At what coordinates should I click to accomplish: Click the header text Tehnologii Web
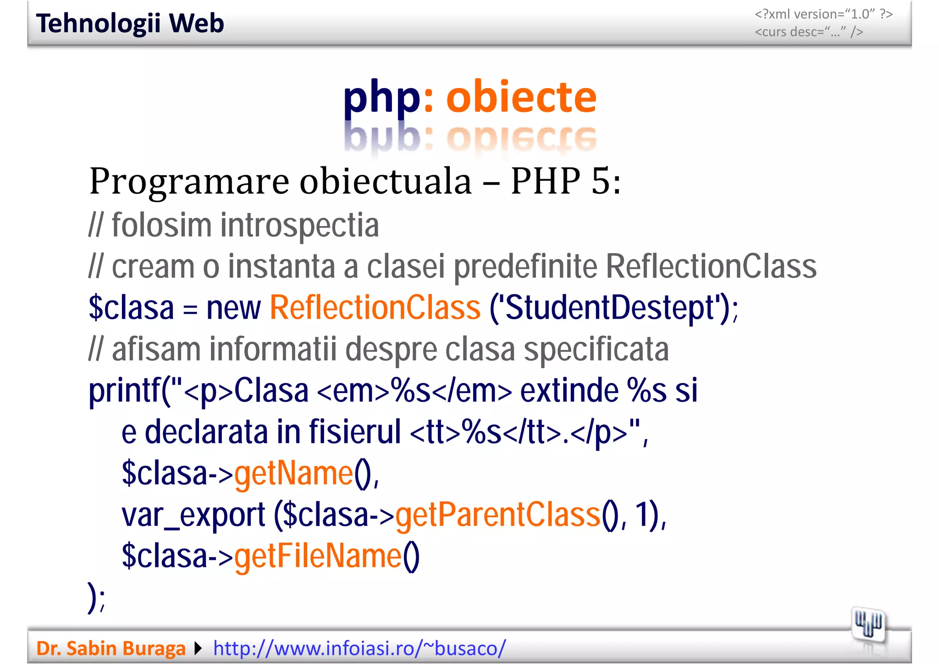tap(130, 24)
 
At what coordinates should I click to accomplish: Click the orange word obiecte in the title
tap(521, 97)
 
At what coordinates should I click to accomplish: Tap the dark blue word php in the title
tap(381, 98)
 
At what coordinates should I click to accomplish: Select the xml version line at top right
tap(823, 14)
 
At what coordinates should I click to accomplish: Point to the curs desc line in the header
tap(809, 32)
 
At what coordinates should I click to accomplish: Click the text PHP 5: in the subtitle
tap(566, 182)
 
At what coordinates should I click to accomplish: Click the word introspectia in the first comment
tap(299, 226)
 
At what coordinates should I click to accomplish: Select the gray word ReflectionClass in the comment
tap(711, 266)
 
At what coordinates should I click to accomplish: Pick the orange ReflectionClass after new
tap(375, 308)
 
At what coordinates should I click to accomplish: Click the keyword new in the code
tap(233, 308)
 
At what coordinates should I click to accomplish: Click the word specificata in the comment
tap(596, 349)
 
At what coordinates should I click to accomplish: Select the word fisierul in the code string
tap(355, 432)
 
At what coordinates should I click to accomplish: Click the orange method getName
tap(293, 474)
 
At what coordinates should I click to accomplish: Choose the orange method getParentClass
tap(497, 515)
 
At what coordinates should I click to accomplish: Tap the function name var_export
tap(193, 515)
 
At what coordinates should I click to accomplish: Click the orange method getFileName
tap(318, 556)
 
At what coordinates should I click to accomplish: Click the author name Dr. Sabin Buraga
tap(111, 648)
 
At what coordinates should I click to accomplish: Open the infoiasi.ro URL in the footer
tap(359, 648)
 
